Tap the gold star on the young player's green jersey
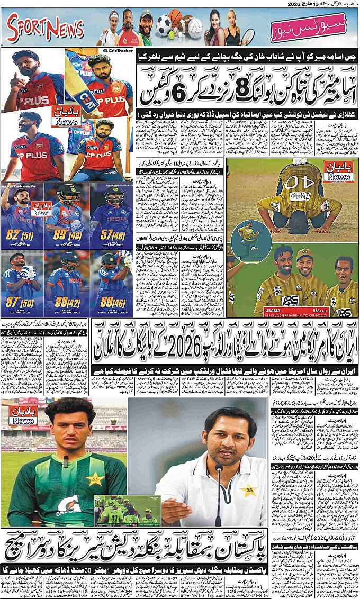coord(94,479)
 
